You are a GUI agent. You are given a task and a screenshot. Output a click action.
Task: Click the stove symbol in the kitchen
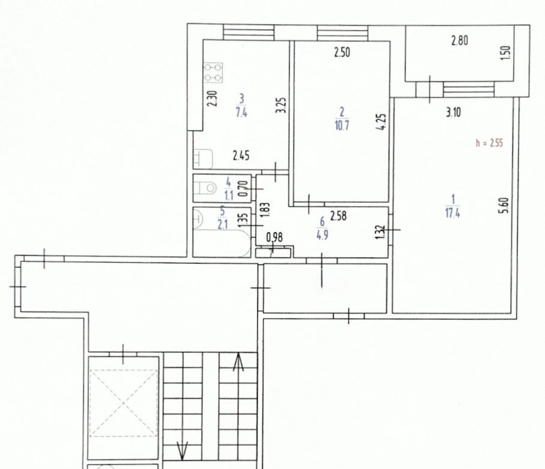[x=213, y=73]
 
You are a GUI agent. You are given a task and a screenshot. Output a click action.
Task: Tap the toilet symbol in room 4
[x=206, y=188]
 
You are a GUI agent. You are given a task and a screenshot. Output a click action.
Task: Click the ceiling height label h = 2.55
[x=489, y=143]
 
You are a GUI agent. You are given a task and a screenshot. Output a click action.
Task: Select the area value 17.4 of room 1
[x=452, y=213]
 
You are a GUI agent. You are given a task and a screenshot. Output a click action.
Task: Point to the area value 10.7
[x=342, y=125]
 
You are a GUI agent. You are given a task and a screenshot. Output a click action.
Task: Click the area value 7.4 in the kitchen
[x=241, y=112]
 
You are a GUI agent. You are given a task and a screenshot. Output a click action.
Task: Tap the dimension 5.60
[x=505, y=206]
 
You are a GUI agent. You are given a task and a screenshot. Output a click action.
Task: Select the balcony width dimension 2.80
[x=460, y=41]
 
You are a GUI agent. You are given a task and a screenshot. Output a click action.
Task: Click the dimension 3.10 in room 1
[x=453, y=112]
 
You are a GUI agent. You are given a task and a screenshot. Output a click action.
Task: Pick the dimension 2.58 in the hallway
[x=338, y=216]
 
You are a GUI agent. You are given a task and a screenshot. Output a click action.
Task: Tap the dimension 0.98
[x=275, y=238]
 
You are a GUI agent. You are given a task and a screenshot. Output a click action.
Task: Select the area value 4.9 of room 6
[x=322, y=236]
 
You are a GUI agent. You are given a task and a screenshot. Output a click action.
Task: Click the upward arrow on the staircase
[x=238, y=362]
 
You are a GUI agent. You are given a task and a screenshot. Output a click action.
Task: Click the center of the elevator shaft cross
[x=123, y=403]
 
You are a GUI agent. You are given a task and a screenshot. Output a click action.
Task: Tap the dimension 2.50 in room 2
[x=342, y=52]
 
